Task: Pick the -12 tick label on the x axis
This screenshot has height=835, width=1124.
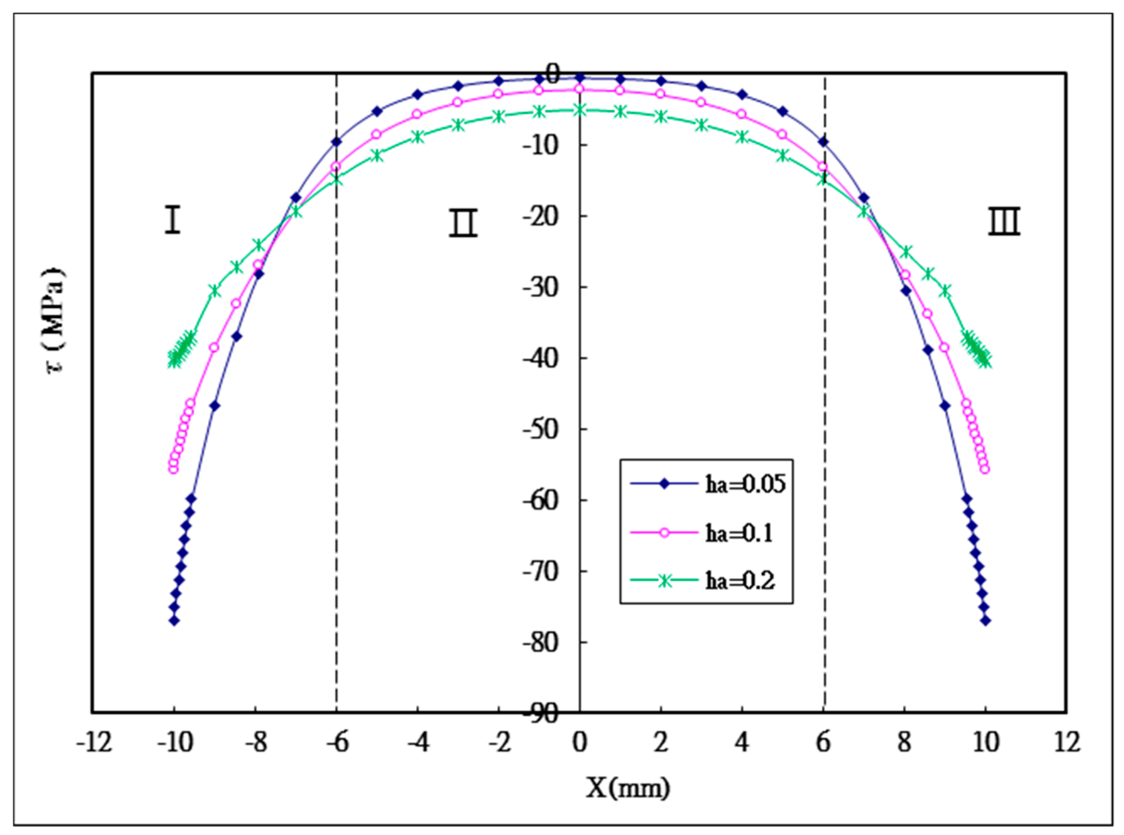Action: [x=94, y=743]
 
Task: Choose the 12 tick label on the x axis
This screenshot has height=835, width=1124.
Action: [x=1067, y=743]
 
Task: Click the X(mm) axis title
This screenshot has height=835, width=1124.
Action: [x=628, y=787]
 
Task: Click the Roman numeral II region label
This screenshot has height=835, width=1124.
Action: [x=463, y=223]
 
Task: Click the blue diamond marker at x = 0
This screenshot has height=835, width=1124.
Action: [x=580, y=78]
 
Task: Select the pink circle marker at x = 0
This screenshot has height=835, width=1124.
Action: [x=580, y=90]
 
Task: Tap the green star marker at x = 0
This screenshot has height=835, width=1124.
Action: [x=580, y=110]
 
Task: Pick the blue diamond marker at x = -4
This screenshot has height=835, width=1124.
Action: [x=417, y=95]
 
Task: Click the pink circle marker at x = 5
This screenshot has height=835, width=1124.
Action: [x=782, y=134]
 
